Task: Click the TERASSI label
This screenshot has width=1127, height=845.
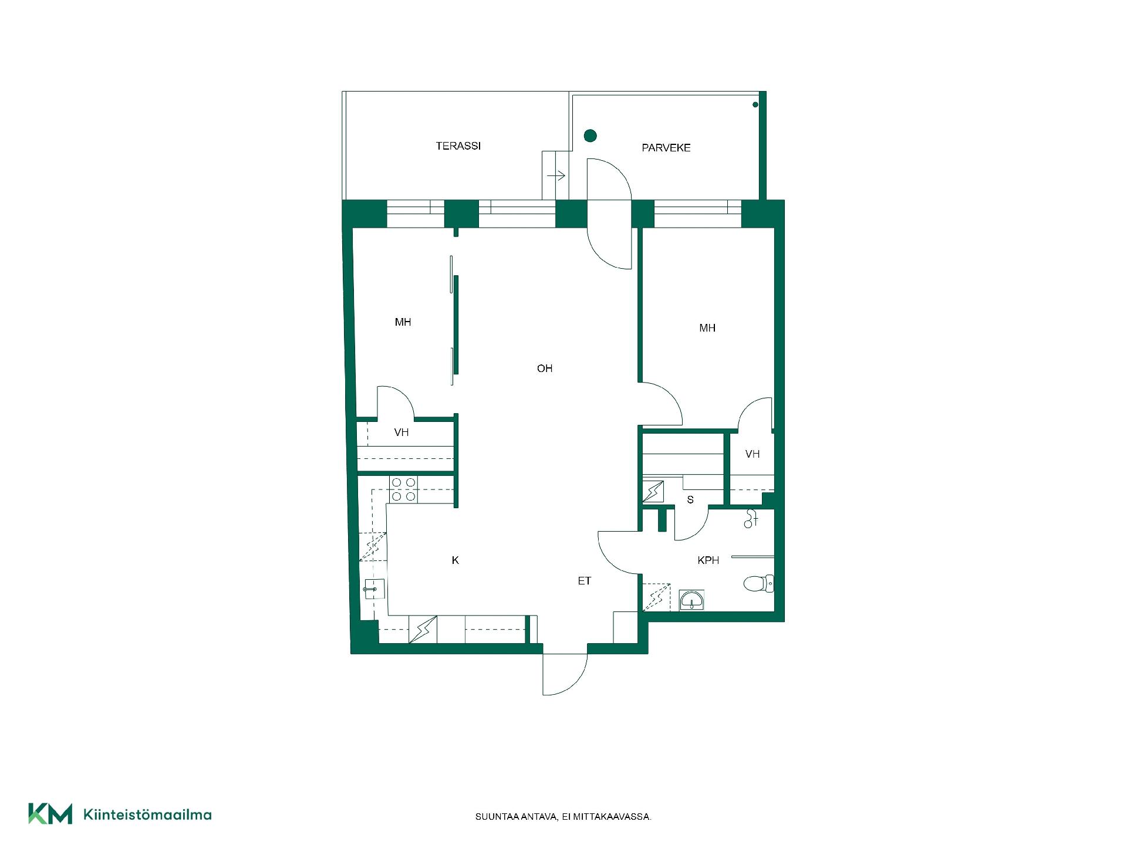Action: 458,146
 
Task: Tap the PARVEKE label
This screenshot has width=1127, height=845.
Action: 666,148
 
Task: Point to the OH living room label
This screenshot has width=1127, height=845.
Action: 545,369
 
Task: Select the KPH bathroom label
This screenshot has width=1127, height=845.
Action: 708,560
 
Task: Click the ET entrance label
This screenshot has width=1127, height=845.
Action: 584,581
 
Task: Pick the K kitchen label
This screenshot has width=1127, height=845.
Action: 455,560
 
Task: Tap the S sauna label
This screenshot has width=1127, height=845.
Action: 690,500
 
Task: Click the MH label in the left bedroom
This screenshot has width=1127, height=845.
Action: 403,322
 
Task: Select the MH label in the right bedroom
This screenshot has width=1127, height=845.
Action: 707,328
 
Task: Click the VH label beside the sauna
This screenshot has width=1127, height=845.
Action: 753,454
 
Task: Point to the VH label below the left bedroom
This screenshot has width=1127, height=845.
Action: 401,432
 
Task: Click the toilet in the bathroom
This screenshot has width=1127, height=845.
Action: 758,583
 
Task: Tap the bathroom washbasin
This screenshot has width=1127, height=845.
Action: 692,600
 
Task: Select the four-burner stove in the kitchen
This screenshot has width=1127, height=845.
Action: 403,489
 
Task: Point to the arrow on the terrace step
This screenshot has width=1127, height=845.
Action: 555,175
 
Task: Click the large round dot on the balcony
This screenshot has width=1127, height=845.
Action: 590,136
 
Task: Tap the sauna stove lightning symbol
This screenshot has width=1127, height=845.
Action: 653,492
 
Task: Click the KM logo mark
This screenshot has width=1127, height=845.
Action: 50,814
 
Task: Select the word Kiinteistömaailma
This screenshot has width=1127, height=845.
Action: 147,814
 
